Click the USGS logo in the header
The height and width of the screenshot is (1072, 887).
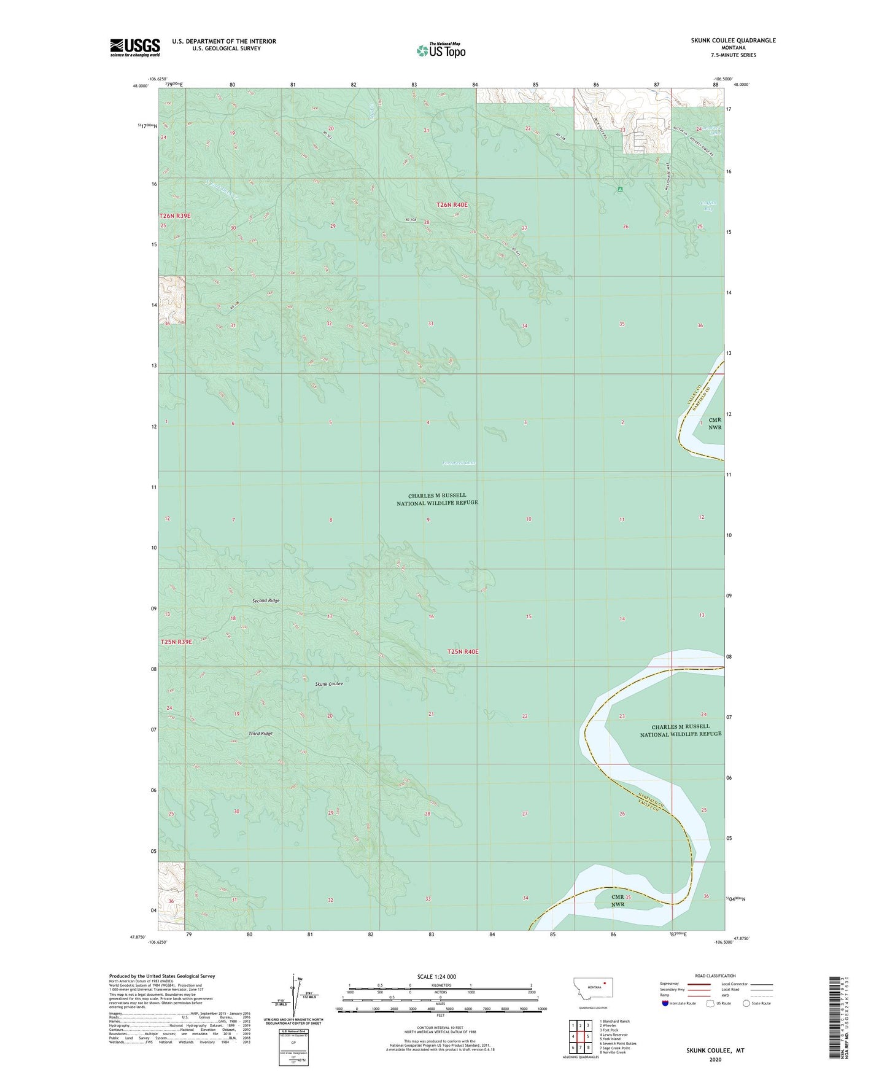click(135, 47)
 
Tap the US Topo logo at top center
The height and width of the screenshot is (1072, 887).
click(441, 50)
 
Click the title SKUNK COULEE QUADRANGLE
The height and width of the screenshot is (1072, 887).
click(733, 41)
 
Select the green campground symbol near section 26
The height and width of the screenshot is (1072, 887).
click(621, 190)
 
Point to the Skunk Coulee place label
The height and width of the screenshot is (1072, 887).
click(328, 684)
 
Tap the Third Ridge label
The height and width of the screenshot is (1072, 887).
click(260, 734)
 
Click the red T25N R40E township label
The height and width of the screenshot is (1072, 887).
click(463, 651)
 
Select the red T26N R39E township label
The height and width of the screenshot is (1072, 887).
click(175, 216)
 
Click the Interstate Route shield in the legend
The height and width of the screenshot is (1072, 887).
click(666, 1003)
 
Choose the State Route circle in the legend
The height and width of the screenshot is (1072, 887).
click(746, 1003)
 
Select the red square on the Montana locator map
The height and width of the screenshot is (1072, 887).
click(604, 983)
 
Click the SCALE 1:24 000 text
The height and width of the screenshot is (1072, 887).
click(436, 976)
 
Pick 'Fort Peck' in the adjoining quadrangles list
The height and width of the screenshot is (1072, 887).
click(610, 1030)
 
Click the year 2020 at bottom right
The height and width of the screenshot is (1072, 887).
click(715, 1059)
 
